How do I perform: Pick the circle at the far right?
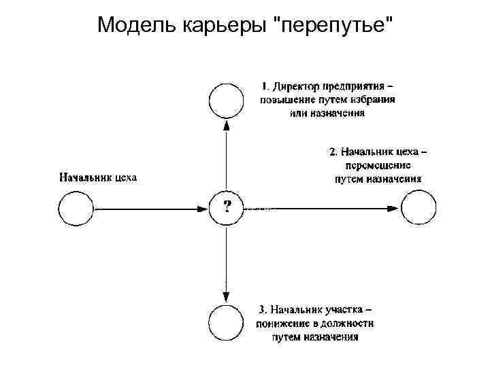coord(417,207)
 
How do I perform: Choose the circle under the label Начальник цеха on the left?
coord(76,207)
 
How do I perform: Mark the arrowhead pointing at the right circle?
coord(394,207)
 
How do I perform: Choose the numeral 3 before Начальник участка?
coord(262,311)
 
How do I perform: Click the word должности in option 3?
coord(353,324)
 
